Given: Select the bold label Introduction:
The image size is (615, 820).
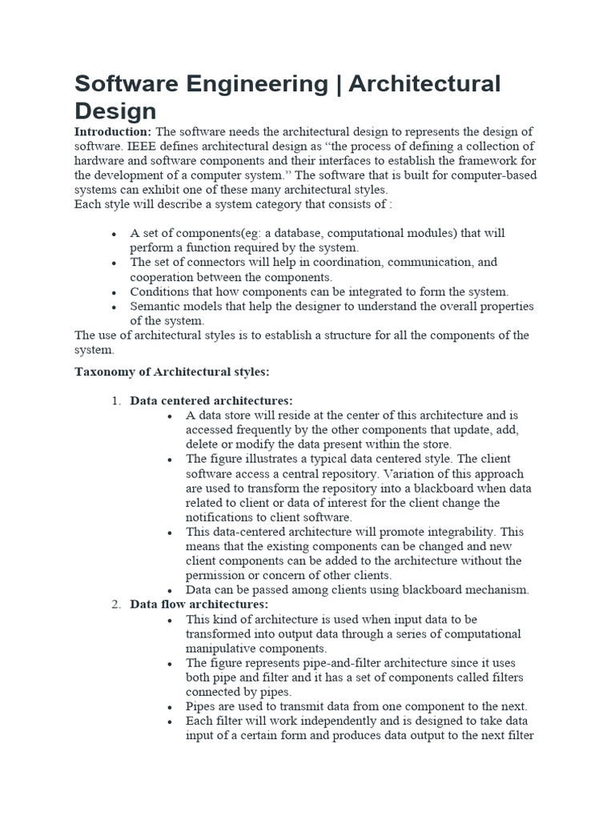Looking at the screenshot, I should point(113,131).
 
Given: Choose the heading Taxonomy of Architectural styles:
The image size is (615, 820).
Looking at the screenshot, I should point(172,372).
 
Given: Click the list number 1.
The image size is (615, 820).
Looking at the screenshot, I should point(115,400).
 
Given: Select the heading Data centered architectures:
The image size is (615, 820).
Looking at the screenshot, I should point(211,400).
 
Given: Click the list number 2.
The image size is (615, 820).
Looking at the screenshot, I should point(115,605).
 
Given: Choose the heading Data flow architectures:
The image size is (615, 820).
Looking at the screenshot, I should point(199,605).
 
